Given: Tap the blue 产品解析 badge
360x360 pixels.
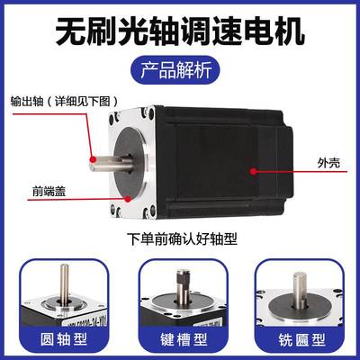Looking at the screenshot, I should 180,70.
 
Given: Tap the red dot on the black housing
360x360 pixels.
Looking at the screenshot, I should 254,168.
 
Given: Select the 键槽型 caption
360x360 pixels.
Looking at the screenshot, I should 180,344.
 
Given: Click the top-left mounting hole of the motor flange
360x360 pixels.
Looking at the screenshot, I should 117,116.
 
